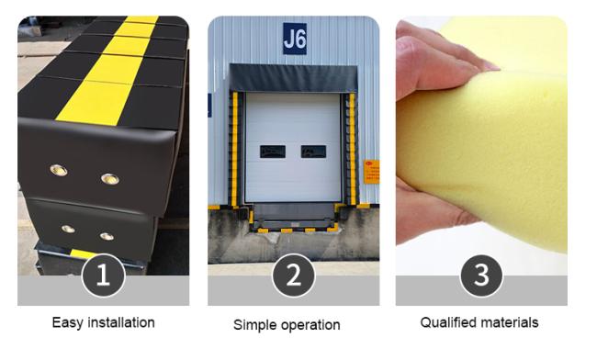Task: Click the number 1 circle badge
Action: click(x=103, y=276)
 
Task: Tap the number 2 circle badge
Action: click(x=294, y=276)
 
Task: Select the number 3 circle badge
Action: click(x=481, y=276)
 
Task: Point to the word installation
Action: click(x=121, y=322)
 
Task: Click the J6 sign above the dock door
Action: click(x=295, y=39)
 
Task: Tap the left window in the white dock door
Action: click(x=273, y=152)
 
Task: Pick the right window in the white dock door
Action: click(x=313, y=152)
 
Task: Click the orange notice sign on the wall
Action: click(x=372, y=172)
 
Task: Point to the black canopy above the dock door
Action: click(x=293, y=78)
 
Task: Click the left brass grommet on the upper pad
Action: click(x=59, y=170)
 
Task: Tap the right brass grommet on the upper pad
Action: click(x=110, y=179)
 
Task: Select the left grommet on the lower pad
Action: click(x=68, y=229)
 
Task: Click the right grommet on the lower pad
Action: click(x=107, y=237)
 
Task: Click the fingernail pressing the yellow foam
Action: click(x=490, y=66)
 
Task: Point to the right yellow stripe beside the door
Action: click(x=352, y=149)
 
